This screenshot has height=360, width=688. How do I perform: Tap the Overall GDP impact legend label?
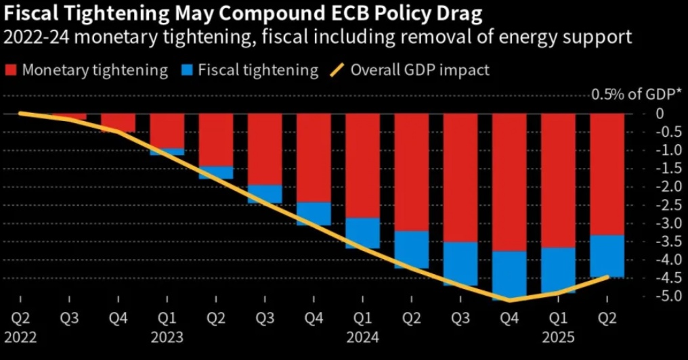point(420,70)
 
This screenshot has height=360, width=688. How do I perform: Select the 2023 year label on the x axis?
point(166,336)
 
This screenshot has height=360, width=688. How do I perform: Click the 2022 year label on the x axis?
point(20,336)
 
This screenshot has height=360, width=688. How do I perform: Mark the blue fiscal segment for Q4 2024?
point(509,274)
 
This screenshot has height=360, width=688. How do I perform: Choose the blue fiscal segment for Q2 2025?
point(607,256)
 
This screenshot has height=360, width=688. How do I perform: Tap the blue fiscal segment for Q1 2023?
point(167,152)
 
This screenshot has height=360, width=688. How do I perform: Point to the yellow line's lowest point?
point(509,300)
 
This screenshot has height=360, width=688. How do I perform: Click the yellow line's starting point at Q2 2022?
point(20,113)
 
